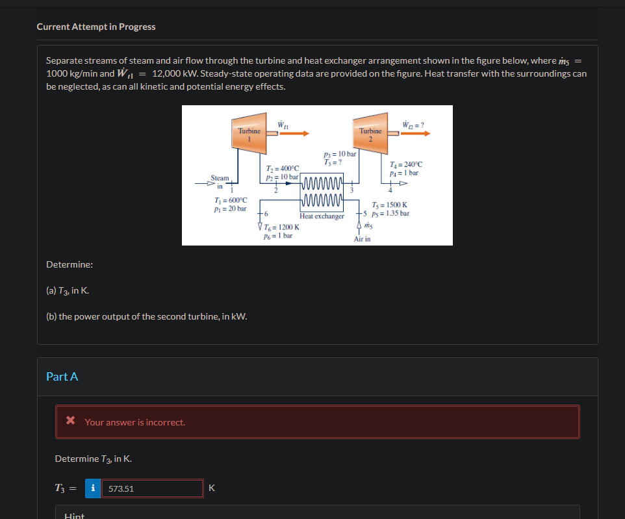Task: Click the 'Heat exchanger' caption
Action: pos(322,216)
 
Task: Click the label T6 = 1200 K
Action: pos(281,227)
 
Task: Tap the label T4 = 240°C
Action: pos(405,164)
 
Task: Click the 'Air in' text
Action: pos(363,239)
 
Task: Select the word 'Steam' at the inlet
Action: pos(220,177)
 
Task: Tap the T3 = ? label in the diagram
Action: pos(333,162)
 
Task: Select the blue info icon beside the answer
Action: pos(93,488)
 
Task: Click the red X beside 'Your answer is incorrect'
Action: pos(71,422)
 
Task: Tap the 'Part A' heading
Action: pos(62,377)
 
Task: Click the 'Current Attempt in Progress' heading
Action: pos(96,27)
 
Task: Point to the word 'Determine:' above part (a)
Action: pos(70,265)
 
